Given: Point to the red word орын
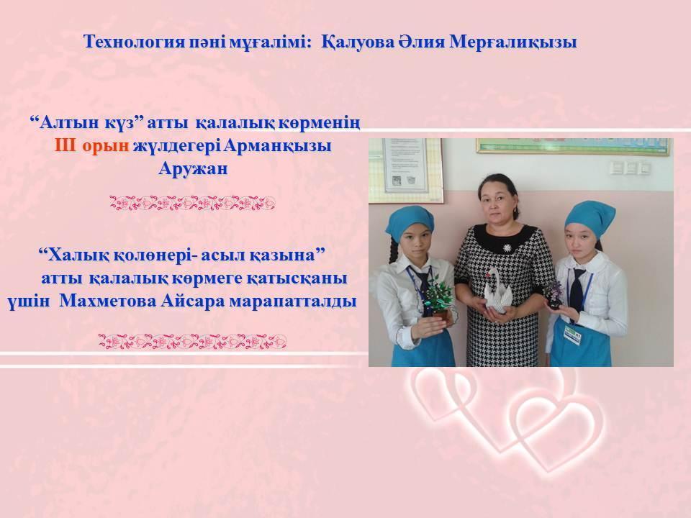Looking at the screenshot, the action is pyautogui.click(x=105, y=146).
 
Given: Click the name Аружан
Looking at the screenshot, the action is pyautogui.click(x=193, y=168).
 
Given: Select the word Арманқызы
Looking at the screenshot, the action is pyautogui.click(x=277, y=146).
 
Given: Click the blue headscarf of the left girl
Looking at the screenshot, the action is pyautogui.click(x=407, y=222).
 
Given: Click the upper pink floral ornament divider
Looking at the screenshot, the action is pyautogui.click(x=193, y=203).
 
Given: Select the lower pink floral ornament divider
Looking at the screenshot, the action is pyautogui.click(x=193, y=341).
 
